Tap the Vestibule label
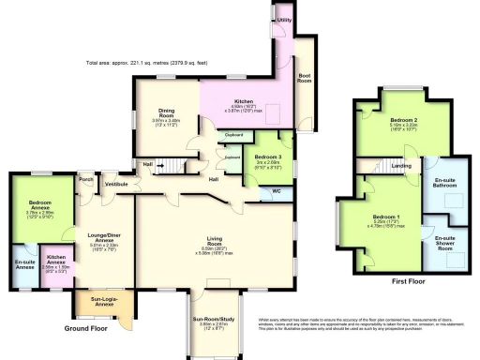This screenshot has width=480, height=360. tap(116, 185)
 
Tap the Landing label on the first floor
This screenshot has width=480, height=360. tap(400, 167)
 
